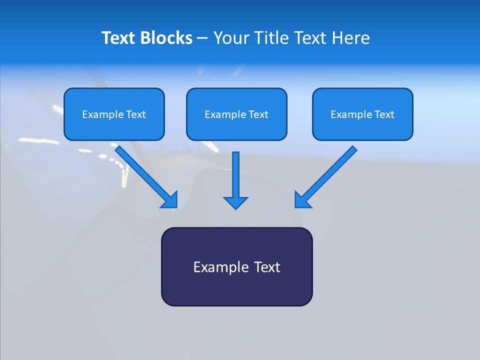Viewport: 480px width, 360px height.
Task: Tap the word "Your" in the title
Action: click(232, 38)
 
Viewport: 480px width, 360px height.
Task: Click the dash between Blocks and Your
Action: click(202, 38)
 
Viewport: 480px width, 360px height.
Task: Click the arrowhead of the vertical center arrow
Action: click(235, 202)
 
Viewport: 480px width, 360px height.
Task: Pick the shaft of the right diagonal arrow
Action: click(332, 170)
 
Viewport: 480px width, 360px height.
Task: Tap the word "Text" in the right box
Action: click(384, 114)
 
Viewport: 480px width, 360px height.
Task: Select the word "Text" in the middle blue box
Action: click(258, 114)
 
